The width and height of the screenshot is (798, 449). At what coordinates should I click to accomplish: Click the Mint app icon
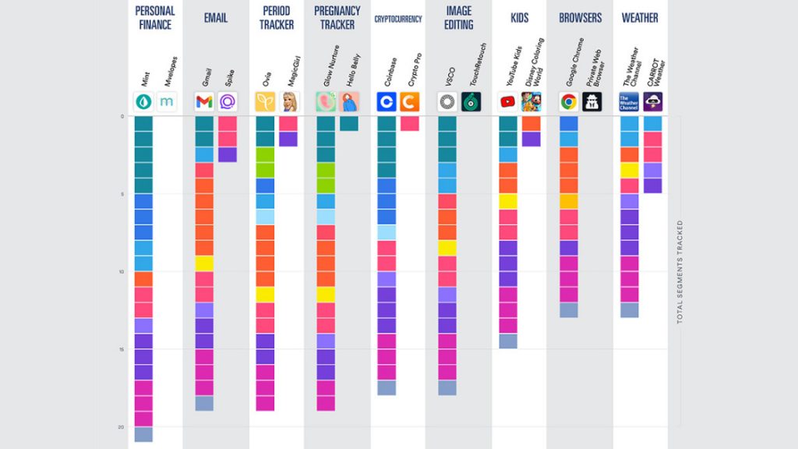(x=143, y=101)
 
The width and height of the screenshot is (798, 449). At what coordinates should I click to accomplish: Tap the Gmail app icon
(x=204, y=101)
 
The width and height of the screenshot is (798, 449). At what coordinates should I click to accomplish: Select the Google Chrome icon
(x=569, y=101)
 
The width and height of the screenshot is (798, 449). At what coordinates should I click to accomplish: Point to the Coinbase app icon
(x=387, y=101)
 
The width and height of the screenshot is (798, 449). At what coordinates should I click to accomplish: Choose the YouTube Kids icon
(x=508, y=101)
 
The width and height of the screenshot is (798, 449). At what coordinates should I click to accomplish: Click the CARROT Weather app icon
(x=653, y=101)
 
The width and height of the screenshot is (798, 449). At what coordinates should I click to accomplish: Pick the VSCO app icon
(x=447, y=101)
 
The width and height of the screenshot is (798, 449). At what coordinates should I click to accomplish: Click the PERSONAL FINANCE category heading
(x=155, y=17)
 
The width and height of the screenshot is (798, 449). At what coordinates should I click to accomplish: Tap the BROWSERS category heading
(x=581, y=17)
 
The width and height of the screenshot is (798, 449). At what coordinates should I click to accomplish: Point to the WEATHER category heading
(x=640, y=17)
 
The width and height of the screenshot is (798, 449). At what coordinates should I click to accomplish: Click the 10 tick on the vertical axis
(x=122, y=271)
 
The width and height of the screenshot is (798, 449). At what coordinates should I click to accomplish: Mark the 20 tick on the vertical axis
(x=122, y=426)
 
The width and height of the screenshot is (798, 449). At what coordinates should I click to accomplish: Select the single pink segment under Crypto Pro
(x=410, y=123)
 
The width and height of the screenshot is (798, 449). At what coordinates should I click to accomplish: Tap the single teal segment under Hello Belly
(x=349, y=123)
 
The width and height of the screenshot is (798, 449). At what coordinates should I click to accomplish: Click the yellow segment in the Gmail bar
(x=204, y=263)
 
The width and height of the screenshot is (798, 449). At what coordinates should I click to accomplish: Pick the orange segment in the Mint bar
(x=143, y=279)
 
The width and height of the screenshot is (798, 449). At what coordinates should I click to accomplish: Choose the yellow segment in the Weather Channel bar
(x=630, y=170)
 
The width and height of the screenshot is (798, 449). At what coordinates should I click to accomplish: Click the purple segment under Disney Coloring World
(x=531, y=139)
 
